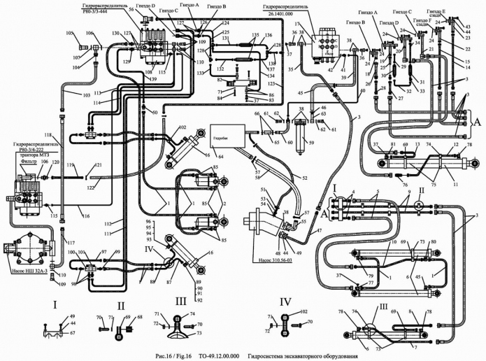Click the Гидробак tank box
228,134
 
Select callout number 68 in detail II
139,318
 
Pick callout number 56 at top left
131,10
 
